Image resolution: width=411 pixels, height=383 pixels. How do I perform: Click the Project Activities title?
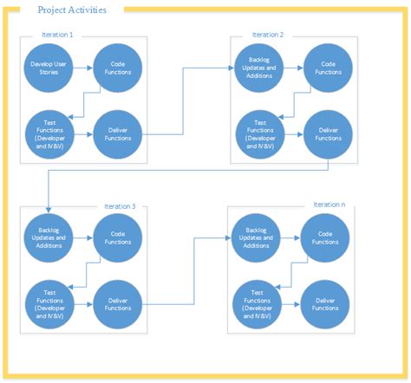point(73,11)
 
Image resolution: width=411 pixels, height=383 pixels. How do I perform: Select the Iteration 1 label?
point(57,35)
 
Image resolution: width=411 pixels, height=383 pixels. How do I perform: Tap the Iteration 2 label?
point(268,35)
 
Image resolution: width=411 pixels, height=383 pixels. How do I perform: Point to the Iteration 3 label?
point(119,206)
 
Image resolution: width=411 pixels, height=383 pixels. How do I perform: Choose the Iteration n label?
point(329,205)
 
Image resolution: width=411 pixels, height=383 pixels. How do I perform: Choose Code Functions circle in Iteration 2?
point(327,68)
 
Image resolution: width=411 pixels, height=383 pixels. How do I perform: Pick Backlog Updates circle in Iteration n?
point(257,237)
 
